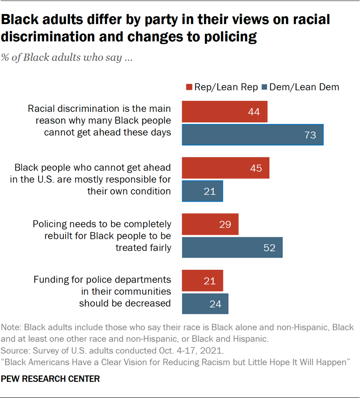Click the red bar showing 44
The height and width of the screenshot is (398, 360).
225,112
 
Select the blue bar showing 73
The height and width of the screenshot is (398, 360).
252,135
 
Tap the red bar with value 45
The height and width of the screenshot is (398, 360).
225,168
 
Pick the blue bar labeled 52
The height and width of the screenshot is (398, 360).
232,247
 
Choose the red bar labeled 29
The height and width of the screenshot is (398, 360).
210,224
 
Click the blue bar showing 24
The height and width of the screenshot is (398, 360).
205,304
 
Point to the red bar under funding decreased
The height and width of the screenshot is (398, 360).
202,280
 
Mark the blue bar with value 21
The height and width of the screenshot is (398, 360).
202,191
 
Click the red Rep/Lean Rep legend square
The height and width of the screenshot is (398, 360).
189,87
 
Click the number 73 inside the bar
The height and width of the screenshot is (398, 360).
310,136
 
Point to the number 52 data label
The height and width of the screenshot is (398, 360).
269,248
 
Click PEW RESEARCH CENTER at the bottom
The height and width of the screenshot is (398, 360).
51,379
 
